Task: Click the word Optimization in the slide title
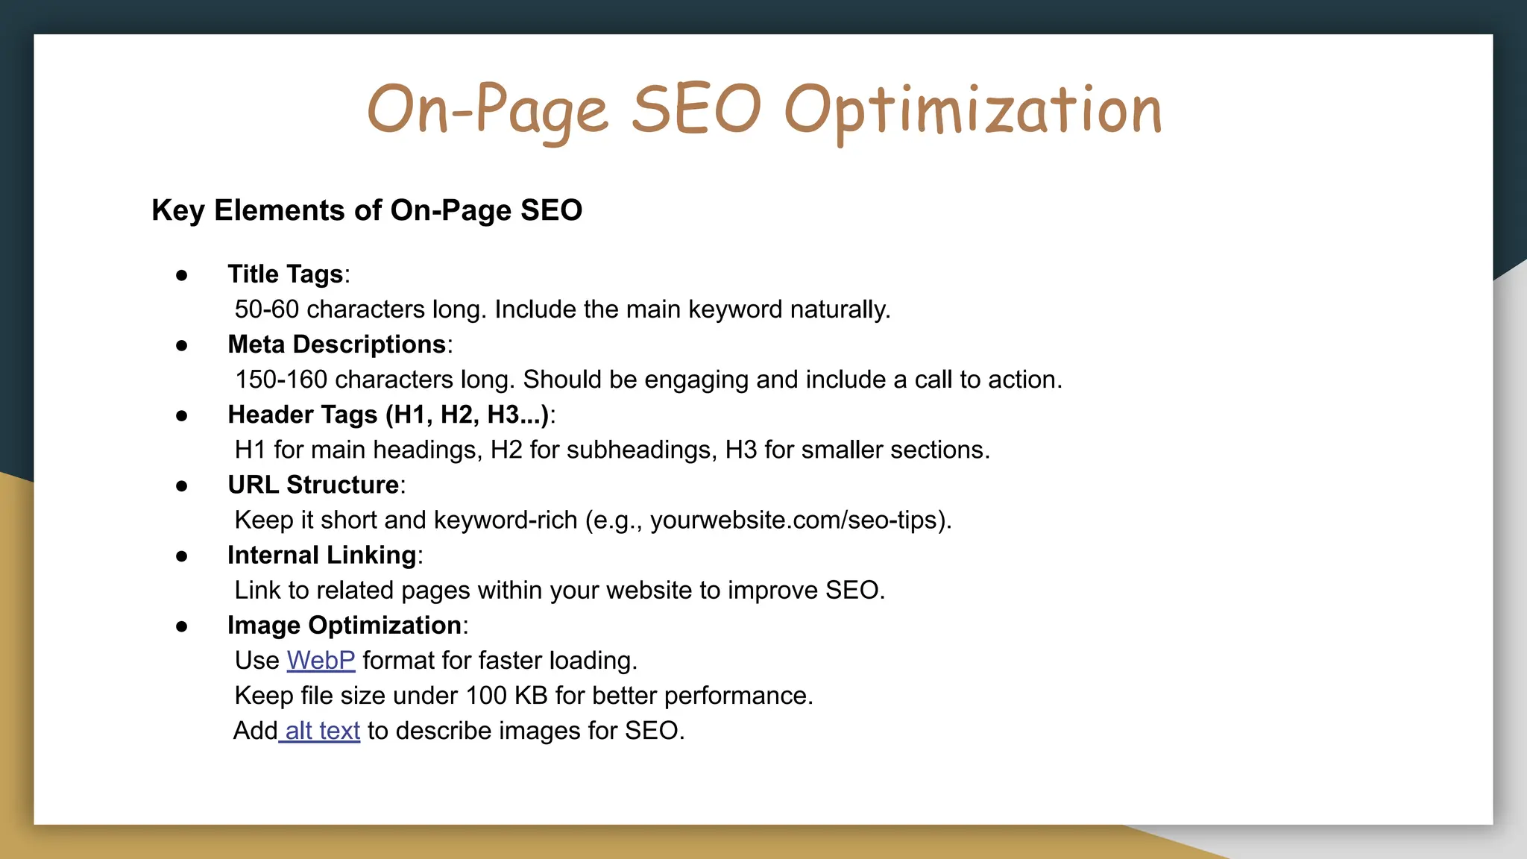(973, 110)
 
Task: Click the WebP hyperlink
(321, 661)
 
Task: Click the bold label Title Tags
(285, 274)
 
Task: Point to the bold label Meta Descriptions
(336, 344)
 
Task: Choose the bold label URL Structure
(313, 485)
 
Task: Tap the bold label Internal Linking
(321, 555)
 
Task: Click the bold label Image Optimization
(344, 625)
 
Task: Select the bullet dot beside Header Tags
(182, 415)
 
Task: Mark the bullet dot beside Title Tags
(182, 275)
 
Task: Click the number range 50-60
(266, 309)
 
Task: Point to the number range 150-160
(281, 380)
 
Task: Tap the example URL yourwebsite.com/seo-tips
(794, 520)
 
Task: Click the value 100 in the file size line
(486, 696)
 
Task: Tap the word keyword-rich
(506, 520)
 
